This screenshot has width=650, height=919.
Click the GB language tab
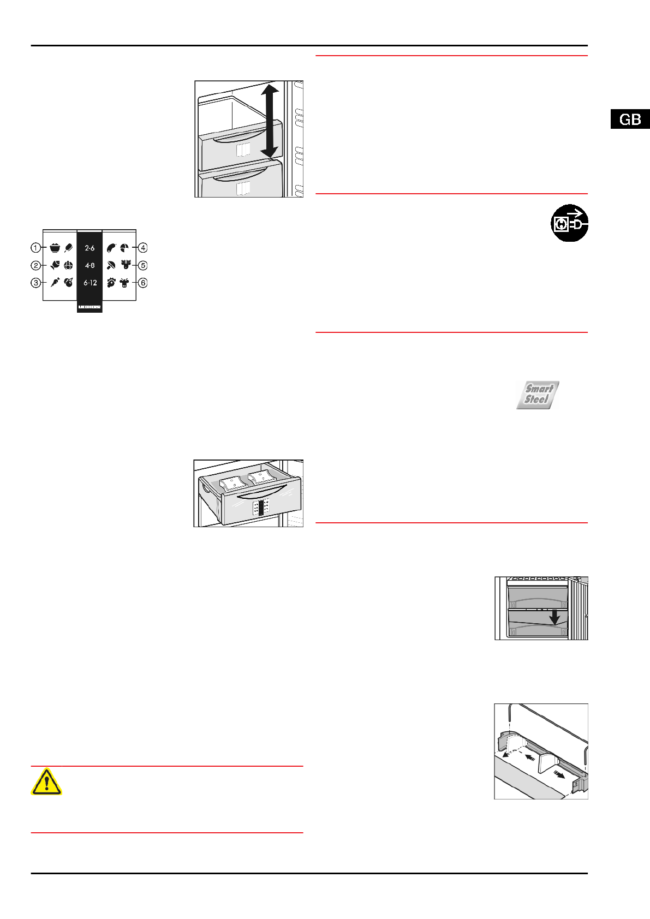pyautogui.click(x=630, y=120)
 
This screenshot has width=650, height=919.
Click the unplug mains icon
pyautogui.click(x=569, y=223)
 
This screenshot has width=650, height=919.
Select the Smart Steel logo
pyautogui.click(x=538, y=395)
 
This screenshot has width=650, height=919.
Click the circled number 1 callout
pyautogui.click(x=36, y=248)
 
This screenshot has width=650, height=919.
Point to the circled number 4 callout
pyautogui.click(x=143, y=248)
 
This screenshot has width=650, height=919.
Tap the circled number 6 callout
pyautogui.click(x=143, y=283)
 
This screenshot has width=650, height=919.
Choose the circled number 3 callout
pyautogui.click(x=36, y=283)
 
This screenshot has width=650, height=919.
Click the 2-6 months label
pyautogui.click(x=90, y=248)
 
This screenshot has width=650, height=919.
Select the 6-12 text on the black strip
pyautogui.click(x=90, y=283)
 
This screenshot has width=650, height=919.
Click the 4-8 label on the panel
pyautogui.click(x=90, y=266)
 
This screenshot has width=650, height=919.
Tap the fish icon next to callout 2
pyautogui.click(x=55, y=266)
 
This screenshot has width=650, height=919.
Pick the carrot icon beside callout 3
pyautogui.click(x=55, y=283)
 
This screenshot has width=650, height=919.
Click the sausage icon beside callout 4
pyautogui.click(x=111, y=248)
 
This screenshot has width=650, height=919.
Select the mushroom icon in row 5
pyautogui.click(x=111, y=266)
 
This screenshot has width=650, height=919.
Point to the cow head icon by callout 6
pyautogui.click(x=125, y=283)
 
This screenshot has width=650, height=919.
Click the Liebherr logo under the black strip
pyautogui.click(x=90, y=307)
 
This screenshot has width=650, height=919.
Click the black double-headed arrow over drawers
pyautogui.click(x=270, y=120)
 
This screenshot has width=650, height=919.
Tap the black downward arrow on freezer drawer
pyautogui.click(x=554, y=617)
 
